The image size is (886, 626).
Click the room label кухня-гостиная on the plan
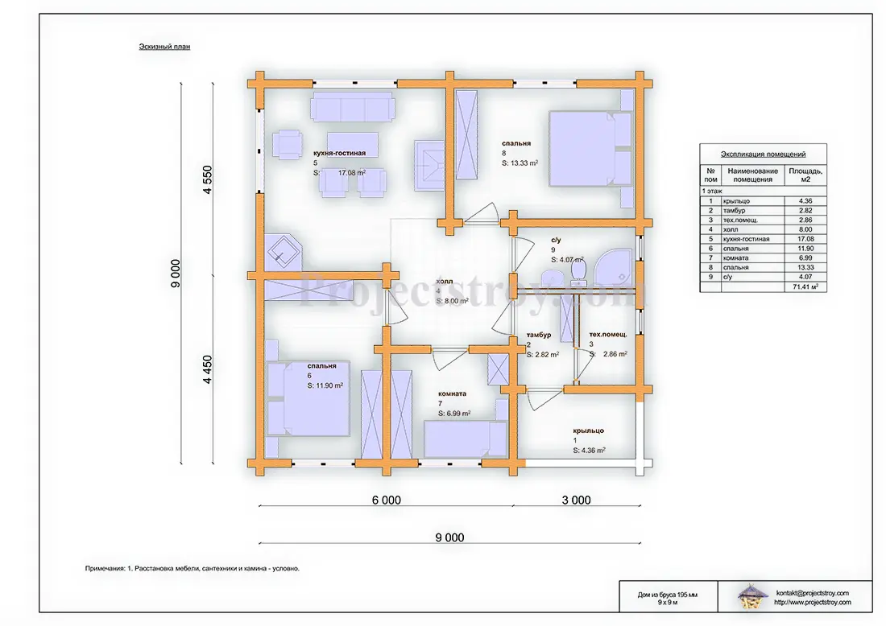pos(340,153)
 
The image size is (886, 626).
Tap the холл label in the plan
pos(445,281)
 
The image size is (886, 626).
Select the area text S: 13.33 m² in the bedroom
pos(520,163)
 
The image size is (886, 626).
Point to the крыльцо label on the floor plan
pos(588,430)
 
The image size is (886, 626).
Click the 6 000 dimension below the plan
pos(387,500)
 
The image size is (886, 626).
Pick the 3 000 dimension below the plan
pos(577,500)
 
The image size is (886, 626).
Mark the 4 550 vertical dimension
pos(207,180)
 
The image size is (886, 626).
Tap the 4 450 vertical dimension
pos(207,370)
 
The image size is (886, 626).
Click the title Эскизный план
pos(164,47)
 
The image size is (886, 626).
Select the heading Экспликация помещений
pos(763,154)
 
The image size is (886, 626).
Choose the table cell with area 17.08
pos(805,239)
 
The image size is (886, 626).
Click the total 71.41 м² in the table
pos(805,286)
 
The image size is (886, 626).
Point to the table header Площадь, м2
pos(805,175)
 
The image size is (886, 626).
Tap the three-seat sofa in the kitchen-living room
pos(351,107)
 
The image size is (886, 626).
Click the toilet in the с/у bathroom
pos(578,271)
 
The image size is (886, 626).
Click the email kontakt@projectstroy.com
pos(813,593)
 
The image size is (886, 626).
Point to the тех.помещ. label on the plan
pos(608,335)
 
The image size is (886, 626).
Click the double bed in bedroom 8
pos(590,149)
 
